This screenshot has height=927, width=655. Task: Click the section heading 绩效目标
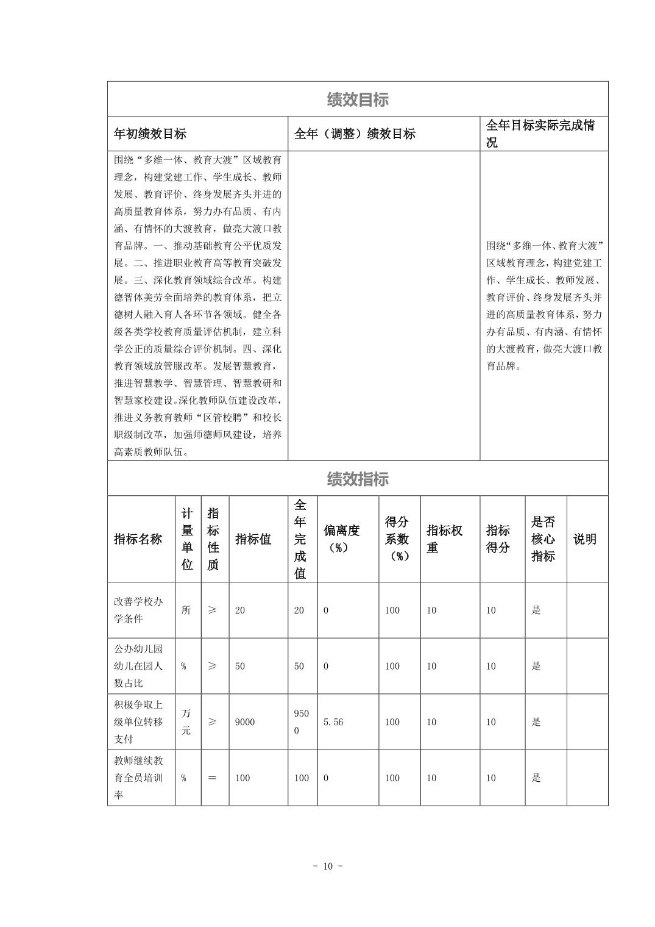(x=358, y=99)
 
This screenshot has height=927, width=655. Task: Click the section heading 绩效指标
(x=358, y=479)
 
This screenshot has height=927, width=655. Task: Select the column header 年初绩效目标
(x=150, y=134)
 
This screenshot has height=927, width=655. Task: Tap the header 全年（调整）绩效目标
(x=355, y=134)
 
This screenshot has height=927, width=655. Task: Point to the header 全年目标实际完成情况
(x=540, y=134)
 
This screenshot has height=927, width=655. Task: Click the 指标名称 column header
(x=138, y=539)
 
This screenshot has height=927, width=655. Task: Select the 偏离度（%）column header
(x=341, y=539)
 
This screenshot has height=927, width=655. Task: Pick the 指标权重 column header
(x=445, y=539)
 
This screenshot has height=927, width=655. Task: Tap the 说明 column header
(x=585, y=539)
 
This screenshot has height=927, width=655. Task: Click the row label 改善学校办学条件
(x=138, y=610)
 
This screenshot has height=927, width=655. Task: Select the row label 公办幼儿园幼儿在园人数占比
(x=138, y=666)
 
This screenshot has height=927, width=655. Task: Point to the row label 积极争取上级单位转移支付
(x=138, y=722)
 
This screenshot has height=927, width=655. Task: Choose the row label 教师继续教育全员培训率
(x=138, y=778)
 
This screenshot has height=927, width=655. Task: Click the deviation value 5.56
(x=333, y=722)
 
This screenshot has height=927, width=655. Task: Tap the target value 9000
(x=245, y=722)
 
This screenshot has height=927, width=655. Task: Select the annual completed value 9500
(x=301, y=722)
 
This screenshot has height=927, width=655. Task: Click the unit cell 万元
(x=186, y=722)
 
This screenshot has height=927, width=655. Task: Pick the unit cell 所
(x=186, y=610)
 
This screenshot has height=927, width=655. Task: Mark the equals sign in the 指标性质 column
(x=212, y=778)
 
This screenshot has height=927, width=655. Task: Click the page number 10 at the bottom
(x=328, y=867)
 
